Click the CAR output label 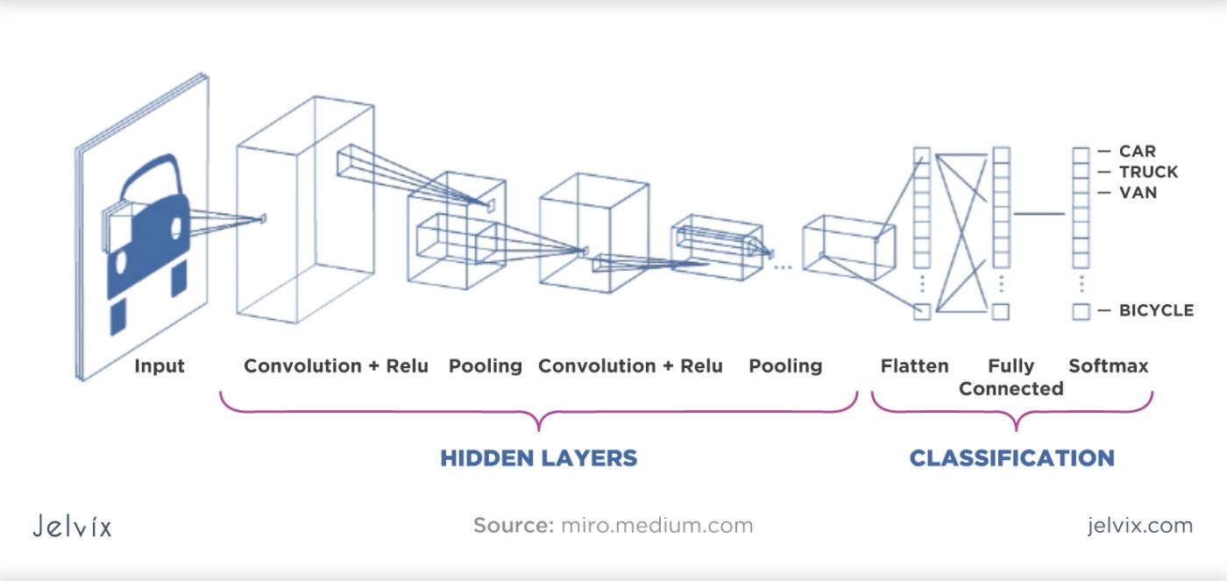point(1137,152)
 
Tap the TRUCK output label point(1148,172)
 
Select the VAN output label point(1138,193)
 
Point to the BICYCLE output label point(1156,310)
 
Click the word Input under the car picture point(160,365)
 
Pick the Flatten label point(914,365)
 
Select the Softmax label point(1108,365)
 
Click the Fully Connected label point(1011,377)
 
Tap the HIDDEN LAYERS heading point(538,457)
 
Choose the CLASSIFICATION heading point(1011,457)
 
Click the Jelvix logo point(73,527)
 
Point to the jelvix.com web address point(1139,526)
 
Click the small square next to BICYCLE point(1081,311)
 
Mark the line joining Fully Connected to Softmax point(1039,214)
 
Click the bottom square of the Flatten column point(921,311)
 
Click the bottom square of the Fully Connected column point(1001,311)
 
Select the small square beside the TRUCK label point(1081,172)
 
